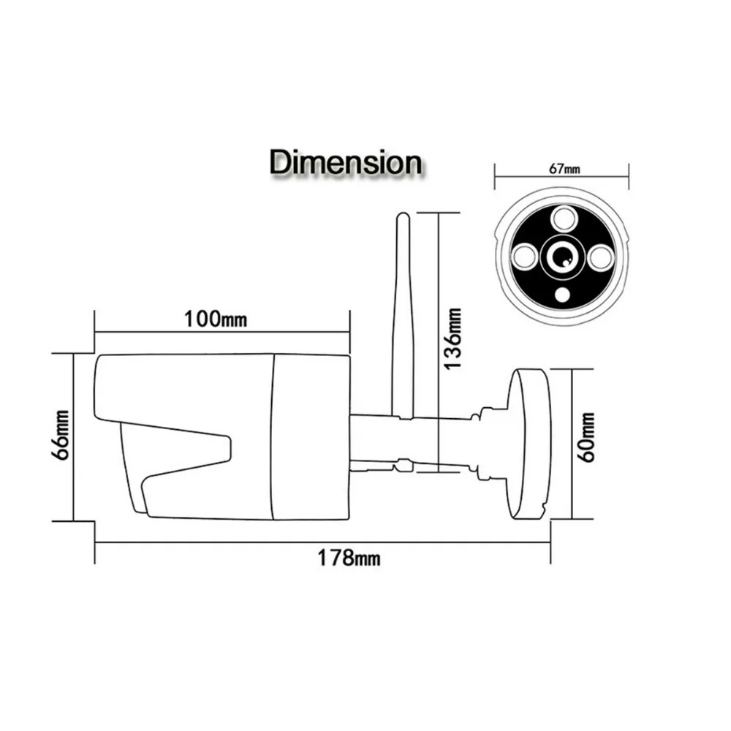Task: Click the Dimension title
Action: [x=346, y=162]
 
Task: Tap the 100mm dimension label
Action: [x=216, y=319]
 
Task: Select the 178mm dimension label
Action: [x=349, y=558]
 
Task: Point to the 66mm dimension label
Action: [x=61, y=435]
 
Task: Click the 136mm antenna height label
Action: [x=452, y=338]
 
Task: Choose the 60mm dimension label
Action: [x=586, y=437]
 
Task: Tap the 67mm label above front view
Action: [x=564, y=168]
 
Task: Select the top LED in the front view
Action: [x=563, y=219]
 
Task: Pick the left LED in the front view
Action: [x=524, y=257]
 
